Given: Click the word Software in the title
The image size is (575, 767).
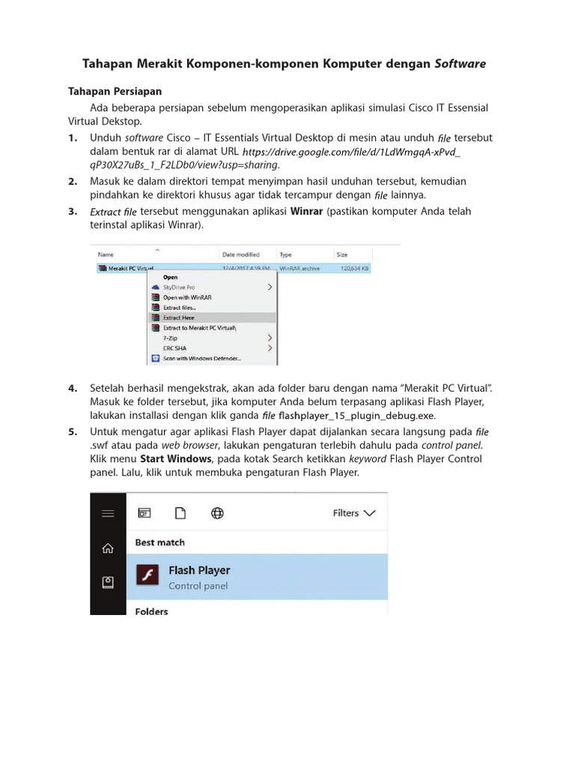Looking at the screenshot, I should pos(460,64).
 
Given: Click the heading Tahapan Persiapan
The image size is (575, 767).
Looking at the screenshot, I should pos(115,91).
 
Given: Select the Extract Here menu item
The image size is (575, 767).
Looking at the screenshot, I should pos(179,318).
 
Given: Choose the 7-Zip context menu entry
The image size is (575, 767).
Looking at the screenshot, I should pos(170,338).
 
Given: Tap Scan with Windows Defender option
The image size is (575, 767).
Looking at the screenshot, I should pos(202,359).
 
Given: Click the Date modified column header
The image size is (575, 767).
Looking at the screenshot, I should pos(240,255).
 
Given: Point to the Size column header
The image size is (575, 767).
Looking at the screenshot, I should pos(342,255).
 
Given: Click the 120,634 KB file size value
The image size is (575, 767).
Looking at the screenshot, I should pos(355,267).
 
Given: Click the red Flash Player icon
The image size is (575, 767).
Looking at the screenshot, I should pos(147,575).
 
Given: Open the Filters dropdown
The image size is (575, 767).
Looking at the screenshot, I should pos(356,513).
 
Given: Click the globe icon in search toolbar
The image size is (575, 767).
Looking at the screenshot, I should pos(217,513).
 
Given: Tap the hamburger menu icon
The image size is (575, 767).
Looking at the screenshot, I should pos(108,513).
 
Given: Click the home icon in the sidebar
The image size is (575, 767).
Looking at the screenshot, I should pos(108,548).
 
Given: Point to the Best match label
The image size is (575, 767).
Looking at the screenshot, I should pos(159,542).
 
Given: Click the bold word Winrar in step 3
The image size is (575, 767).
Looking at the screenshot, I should pos(306,211).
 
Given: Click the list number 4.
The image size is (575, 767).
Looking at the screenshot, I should pos(73,388).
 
